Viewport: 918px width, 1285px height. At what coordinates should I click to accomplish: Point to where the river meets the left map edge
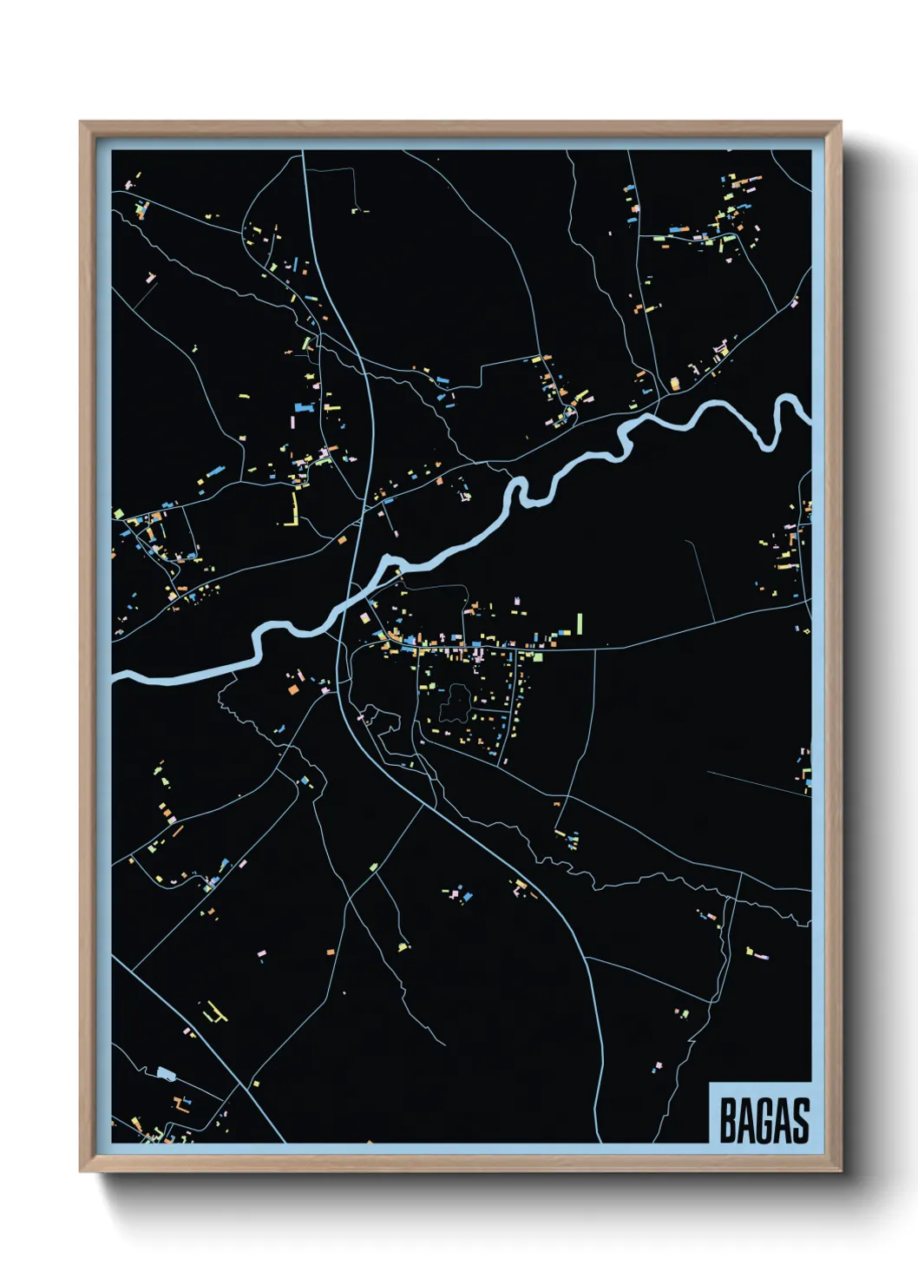click(x=115, y=675)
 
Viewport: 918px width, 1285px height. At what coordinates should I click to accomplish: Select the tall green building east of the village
click(x=580, y=623)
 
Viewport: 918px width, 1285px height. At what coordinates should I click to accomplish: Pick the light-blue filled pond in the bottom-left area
click(x=166, y=1073)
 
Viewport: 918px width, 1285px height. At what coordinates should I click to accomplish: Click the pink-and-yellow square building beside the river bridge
click(x=365, y=617)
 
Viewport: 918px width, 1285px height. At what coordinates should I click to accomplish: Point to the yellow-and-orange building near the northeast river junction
click(x=674, y=382)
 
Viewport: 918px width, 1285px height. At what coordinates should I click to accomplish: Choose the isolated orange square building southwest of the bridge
click(x=293, y=689)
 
